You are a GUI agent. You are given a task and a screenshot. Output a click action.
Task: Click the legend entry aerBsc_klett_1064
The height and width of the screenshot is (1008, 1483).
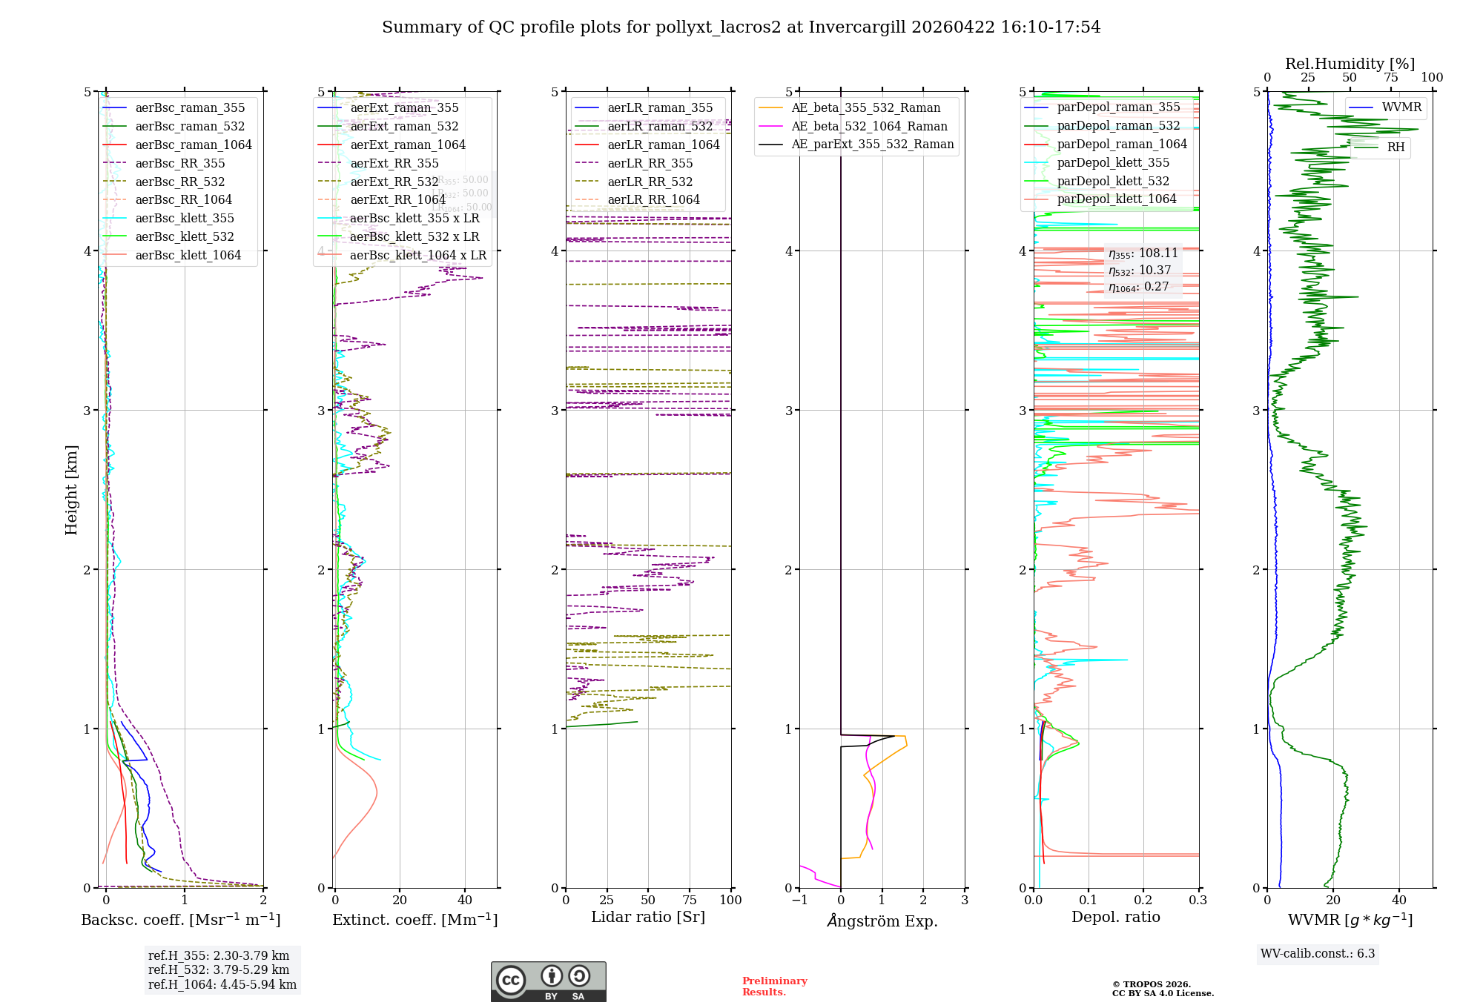188,255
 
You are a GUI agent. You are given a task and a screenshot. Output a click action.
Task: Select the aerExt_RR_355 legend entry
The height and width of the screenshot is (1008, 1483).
394,163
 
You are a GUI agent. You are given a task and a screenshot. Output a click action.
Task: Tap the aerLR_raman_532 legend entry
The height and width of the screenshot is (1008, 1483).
660,126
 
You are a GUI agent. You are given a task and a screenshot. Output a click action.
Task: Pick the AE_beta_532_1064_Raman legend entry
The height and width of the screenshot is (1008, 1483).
869,126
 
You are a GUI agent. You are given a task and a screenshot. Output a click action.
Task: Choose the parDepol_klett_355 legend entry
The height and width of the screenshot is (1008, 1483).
1113,162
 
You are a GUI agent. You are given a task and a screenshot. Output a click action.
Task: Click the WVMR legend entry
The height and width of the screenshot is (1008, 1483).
1401,107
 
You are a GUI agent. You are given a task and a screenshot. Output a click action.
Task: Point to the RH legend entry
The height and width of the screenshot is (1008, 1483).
1396,147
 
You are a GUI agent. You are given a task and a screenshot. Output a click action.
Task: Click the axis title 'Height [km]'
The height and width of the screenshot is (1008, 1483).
71,489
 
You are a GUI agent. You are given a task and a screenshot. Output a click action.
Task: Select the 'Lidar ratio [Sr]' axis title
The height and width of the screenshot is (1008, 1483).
647,917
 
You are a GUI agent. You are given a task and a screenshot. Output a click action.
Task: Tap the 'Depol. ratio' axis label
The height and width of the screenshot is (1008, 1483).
1115,917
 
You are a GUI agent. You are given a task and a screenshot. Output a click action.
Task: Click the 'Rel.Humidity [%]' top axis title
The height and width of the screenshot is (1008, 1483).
1350,64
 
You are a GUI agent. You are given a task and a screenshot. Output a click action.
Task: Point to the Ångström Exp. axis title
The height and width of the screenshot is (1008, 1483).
882,921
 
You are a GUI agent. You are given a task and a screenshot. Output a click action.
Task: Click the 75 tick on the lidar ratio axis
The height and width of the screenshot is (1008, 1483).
690,900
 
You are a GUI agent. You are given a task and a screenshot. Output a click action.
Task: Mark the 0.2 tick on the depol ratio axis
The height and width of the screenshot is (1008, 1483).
1143,900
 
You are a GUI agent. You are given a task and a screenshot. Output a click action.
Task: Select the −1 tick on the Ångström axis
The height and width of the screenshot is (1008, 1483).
799,900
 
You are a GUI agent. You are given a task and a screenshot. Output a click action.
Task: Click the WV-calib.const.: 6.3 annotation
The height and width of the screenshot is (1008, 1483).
1318,953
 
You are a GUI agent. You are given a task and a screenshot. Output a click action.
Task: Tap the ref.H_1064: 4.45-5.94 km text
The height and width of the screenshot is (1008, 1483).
222,984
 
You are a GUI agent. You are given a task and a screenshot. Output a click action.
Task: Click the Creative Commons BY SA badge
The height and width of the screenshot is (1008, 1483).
548,981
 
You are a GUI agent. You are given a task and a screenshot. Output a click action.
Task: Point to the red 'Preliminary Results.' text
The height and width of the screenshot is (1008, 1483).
774,987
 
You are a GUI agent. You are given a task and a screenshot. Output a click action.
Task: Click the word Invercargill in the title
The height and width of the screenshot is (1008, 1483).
856,27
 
